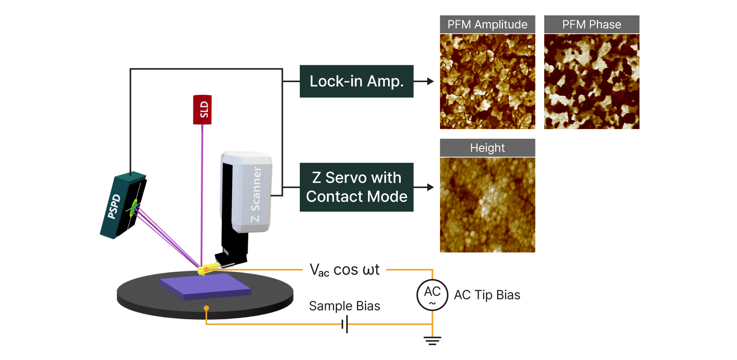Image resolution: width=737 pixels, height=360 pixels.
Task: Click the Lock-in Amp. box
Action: coord(357,81)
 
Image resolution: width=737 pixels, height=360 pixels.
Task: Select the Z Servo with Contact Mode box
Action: coord(357,187)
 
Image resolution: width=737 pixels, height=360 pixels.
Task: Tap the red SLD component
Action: coord(202,110)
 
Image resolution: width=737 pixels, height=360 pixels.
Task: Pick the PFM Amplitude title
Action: coord(487,25)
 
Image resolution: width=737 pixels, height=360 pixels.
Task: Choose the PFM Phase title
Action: coord(592,25)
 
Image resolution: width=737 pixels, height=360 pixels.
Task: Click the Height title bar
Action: coord(487,148)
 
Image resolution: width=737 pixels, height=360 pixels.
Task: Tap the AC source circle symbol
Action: coord(433,295)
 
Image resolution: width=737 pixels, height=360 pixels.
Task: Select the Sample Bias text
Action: coord(344,306)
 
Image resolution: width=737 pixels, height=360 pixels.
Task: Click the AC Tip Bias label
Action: coord(487,295)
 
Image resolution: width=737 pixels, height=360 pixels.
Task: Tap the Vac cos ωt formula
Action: coord(344,270)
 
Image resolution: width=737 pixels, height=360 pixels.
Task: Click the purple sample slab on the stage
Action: coord(205,286)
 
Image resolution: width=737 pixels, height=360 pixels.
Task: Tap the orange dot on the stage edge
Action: coord(207,308)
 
